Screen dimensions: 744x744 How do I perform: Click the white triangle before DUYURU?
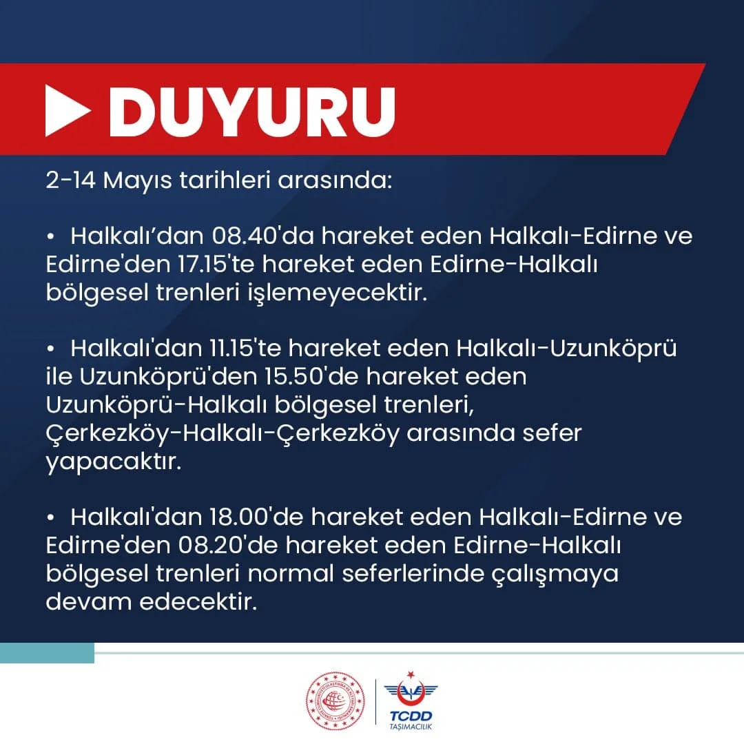(x=67, y=110)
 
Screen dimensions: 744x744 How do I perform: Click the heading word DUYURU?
(x=252, y=112)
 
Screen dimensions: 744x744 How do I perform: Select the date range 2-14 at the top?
(x=71, y=180)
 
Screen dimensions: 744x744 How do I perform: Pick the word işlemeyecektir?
(x=337, y=293)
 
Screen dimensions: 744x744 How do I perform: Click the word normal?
(x=291, y=573)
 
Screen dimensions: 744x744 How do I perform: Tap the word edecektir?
(x=198, y=601)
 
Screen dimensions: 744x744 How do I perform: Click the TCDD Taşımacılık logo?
(x=411, y=701)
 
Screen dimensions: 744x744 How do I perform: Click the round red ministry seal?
(x=335, y=701)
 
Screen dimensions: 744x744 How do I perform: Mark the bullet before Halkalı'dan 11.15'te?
(x=51, y=349)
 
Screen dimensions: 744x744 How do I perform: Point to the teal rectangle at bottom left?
(x=47, y=653)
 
